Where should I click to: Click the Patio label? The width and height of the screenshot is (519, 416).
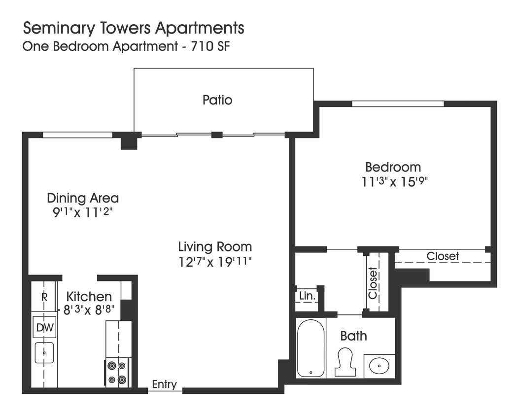tap(217, 100)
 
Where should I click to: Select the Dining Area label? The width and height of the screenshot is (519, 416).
tap(83, 198)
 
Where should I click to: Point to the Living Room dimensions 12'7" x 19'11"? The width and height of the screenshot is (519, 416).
tap(215, 261)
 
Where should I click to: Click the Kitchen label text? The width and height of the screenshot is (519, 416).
tap(89, 297)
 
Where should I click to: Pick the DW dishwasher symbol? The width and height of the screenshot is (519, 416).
tap(44, 327)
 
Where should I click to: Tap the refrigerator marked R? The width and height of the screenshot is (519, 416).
tap(44, 297)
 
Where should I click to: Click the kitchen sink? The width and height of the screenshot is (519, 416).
tap(44, 352)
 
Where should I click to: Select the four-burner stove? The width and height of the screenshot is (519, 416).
tap(117, 373)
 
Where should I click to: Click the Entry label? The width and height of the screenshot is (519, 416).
tap(164, 384)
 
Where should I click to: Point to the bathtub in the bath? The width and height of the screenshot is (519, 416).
tap(311, 347)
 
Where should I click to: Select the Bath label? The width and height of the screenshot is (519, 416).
tap(353, 336)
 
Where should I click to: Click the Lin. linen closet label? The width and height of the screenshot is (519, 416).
tap(307, 296)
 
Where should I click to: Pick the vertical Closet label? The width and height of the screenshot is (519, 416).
tap(373, 283)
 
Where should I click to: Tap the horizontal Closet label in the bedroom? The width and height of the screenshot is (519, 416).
tap(443, 256)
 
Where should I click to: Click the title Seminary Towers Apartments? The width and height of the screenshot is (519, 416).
tap(134, 28)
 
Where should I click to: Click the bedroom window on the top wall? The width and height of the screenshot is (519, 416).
tap(398, 104)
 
